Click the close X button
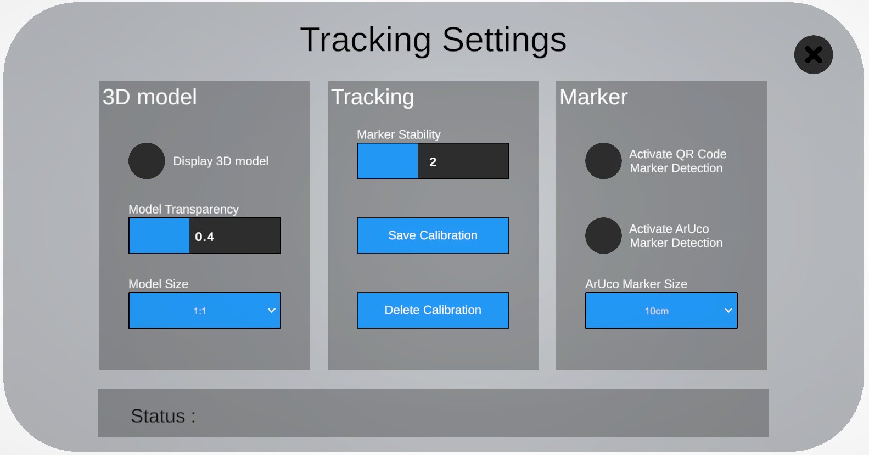click(x=813, y=55)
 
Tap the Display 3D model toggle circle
click(x=147, y=161)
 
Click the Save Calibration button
click(x=433, y=235)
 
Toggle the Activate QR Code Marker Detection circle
click(x=603, y=161)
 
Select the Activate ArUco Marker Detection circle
click(x=603, y=235)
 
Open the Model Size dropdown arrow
click(x=272, y=310)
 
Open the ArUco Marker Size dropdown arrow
click(x=728, y=310)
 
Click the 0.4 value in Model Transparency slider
click(x=204, y=237)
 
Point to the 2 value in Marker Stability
click(x=433, y=162)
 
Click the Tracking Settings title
click(x=433, y=41)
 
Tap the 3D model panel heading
click(x=150, y=97)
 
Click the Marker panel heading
click(x=593, y=97)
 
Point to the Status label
click(x=163, y=416)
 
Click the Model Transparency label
click(x=183, y=210)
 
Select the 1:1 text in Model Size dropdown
click(x=200, y=311)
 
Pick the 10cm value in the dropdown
click(x=657, y=311)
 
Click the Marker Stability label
click(x=399, y=134)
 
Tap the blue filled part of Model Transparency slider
click(x=159, y=236)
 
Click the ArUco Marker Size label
click(x=636, y=284)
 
